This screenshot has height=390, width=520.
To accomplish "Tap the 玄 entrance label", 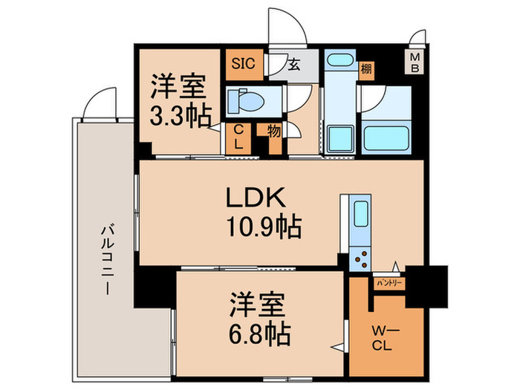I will [294, 65].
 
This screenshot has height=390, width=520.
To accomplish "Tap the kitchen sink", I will [360, 214].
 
